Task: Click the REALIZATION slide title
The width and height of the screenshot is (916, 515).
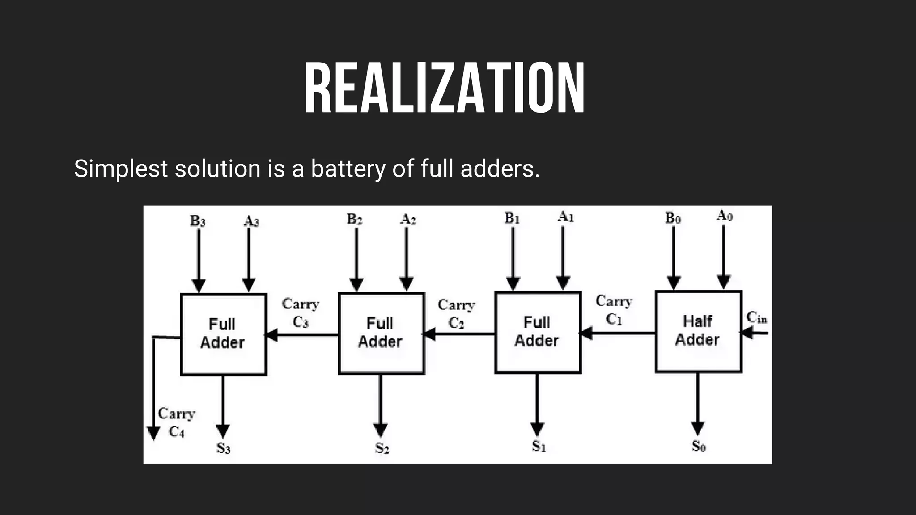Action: click(445, 89)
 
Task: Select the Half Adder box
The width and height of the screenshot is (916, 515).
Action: click(698, 331)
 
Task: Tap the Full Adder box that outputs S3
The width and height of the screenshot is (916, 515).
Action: click(223, 334)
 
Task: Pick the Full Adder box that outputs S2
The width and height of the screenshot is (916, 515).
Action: click(381, 333)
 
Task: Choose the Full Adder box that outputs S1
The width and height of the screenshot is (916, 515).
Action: click(538, 332)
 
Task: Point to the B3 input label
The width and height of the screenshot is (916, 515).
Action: click(198, 221)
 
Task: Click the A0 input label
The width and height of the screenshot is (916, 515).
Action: click(724, 216)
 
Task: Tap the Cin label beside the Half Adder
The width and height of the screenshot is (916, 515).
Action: click(757, 317)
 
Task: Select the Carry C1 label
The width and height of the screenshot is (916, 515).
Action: click(614, 310)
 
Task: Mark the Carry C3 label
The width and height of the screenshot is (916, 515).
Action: click(301, 312)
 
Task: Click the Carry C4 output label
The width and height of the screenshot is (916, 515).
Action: click(176, 422)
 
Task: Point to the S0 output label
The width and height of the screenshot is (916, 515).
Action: click(698, 446)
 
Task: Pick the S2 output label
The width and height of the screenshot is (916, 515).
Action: click(382, 447)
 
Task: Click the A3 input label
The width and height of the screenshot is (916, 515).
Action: click(251, 221)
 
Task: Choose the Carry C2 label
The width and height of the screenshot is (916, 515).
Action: click(456, 313)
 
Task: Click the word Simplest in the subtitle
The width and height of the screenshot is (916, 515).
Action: click(120, 169)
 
